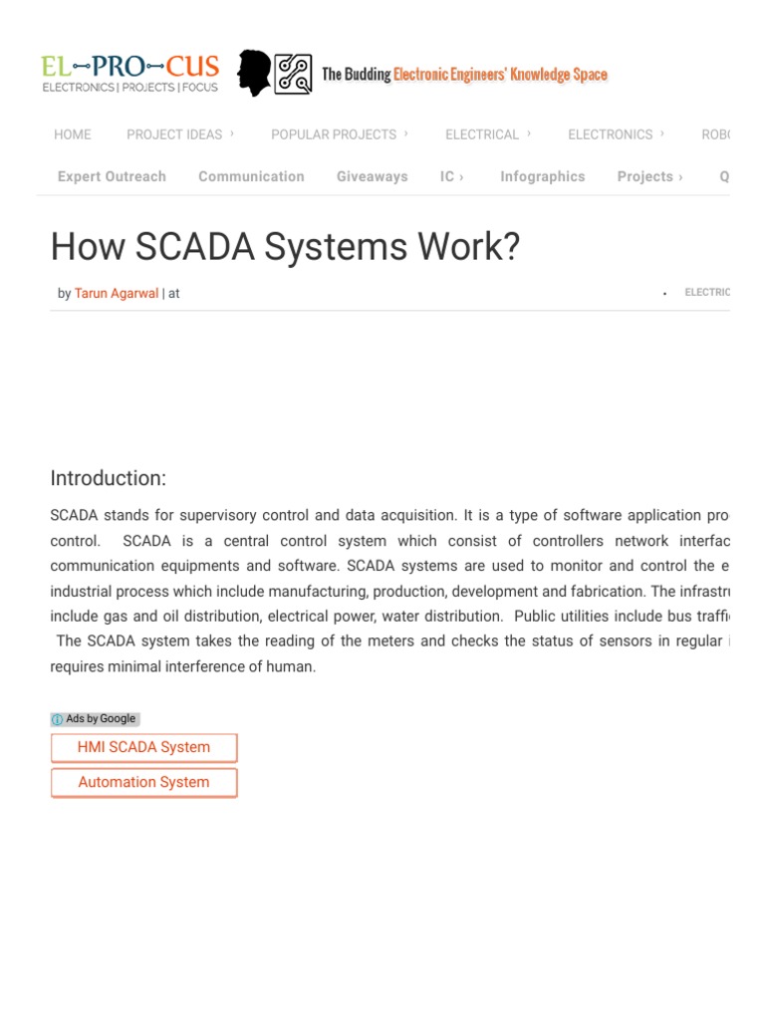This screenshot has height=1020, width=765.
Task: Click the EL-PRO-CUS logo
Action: point(129,73)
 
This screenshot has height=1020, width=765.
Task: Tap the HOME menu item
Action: point(73,134)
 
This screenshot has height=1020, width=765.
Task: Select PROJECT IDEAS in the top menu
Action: point(175,134)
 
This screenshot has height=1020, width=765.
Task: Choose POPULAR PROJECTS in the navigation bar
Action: point(335,134)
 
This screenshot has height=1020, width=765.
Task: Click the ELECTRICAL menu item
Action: point(483,134)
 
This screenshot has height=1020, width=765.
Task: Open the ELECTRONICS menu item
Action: point(611,134)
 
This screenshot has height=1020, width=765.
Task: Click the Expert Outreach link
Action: point(112,176)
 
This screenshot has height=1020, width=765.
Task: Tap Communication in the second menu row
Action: point(251,176)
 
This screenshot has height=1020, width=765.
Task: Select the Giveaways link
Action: point(372,176)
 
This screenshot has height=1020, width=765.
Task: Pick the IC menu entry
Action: point(448,176)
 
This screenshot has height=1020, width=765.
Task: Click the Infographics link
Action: point(543,176)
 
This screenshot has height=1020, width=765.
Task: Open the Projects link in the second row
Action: point(645,176)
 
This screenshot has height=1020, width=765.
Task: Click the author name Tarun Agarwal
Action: point(117,293)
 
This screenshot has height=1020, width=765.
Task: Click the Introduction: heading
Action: point(109,478)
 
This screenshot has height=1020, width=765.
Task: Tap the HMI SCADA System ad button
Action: point(143,747)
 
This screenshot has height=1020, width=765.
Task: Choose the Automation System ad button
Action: point(143,782)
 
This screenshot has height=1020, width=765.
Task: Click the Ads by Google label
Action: point(95,719)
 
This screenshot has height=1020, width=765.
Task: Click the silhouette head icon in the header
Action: point(254,74)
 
